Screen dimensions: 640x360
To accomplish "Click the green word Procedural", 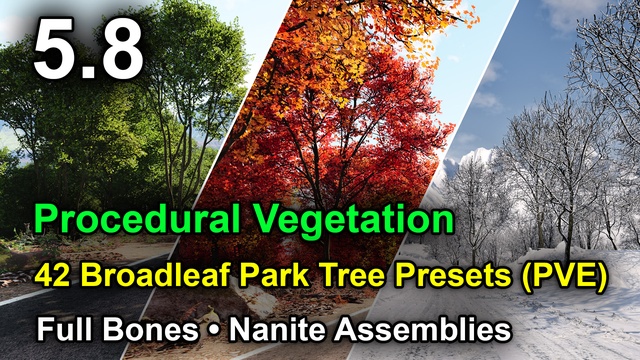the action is click(x=136, y=219).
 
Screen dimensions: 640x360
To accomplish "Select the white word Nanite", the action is click(x=278, y=329).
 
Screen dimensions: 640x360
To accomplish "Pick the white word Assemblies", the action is click(x=423, y=329).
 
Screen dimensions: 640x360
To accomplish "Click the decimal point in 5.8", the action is click(x=86, y=72).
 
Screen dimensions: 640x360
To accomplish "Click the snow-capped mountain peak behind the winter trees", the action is click(x=476, y=157).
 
